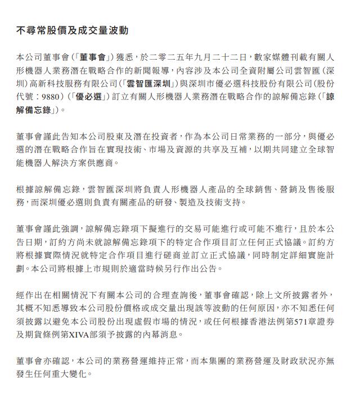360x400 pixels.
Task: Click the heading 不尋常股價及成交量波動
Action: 76,30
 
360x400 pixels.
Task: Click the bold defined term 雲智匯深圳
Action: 154,84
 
